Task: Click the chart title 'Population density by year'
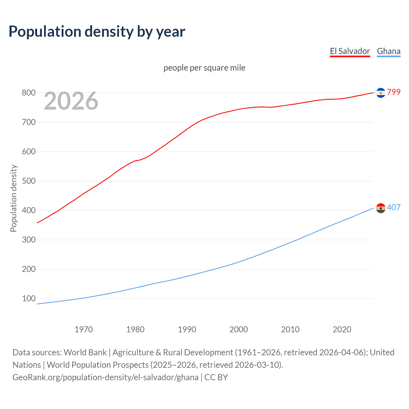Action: (97, 32)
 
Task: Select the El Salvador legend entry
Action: (350, 51)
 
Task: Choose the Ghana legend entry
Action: (389, 51)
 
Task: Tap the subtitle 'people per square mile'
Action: (204, 68)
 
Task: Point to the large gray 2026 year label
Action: (71, 101)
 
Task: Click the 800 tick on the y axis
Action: (28, 93)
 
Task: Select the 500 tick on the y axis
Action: (28, 181)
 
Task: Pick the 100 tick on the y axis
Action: (28, 298)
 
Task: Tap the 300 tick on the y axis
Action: (28, 240)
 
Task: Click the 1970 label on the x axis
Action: (84, 329)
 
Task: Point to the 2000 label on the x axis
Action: (238, 329)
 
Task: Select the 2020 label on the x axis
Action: (342, 329)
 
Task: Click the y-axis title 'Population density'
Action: (13, 198)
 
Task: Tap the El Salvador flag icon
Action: (381, 93)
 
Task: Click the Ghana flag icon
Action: (381, 208)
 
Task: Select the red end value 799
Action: (394, 92)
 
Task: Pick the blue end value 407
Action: (394, 207)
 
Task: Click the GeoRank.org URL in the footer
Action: (105, 377)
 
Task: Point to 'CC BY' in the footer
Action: (216, 377)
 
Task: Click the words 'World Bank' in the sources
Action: (85, 352)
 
